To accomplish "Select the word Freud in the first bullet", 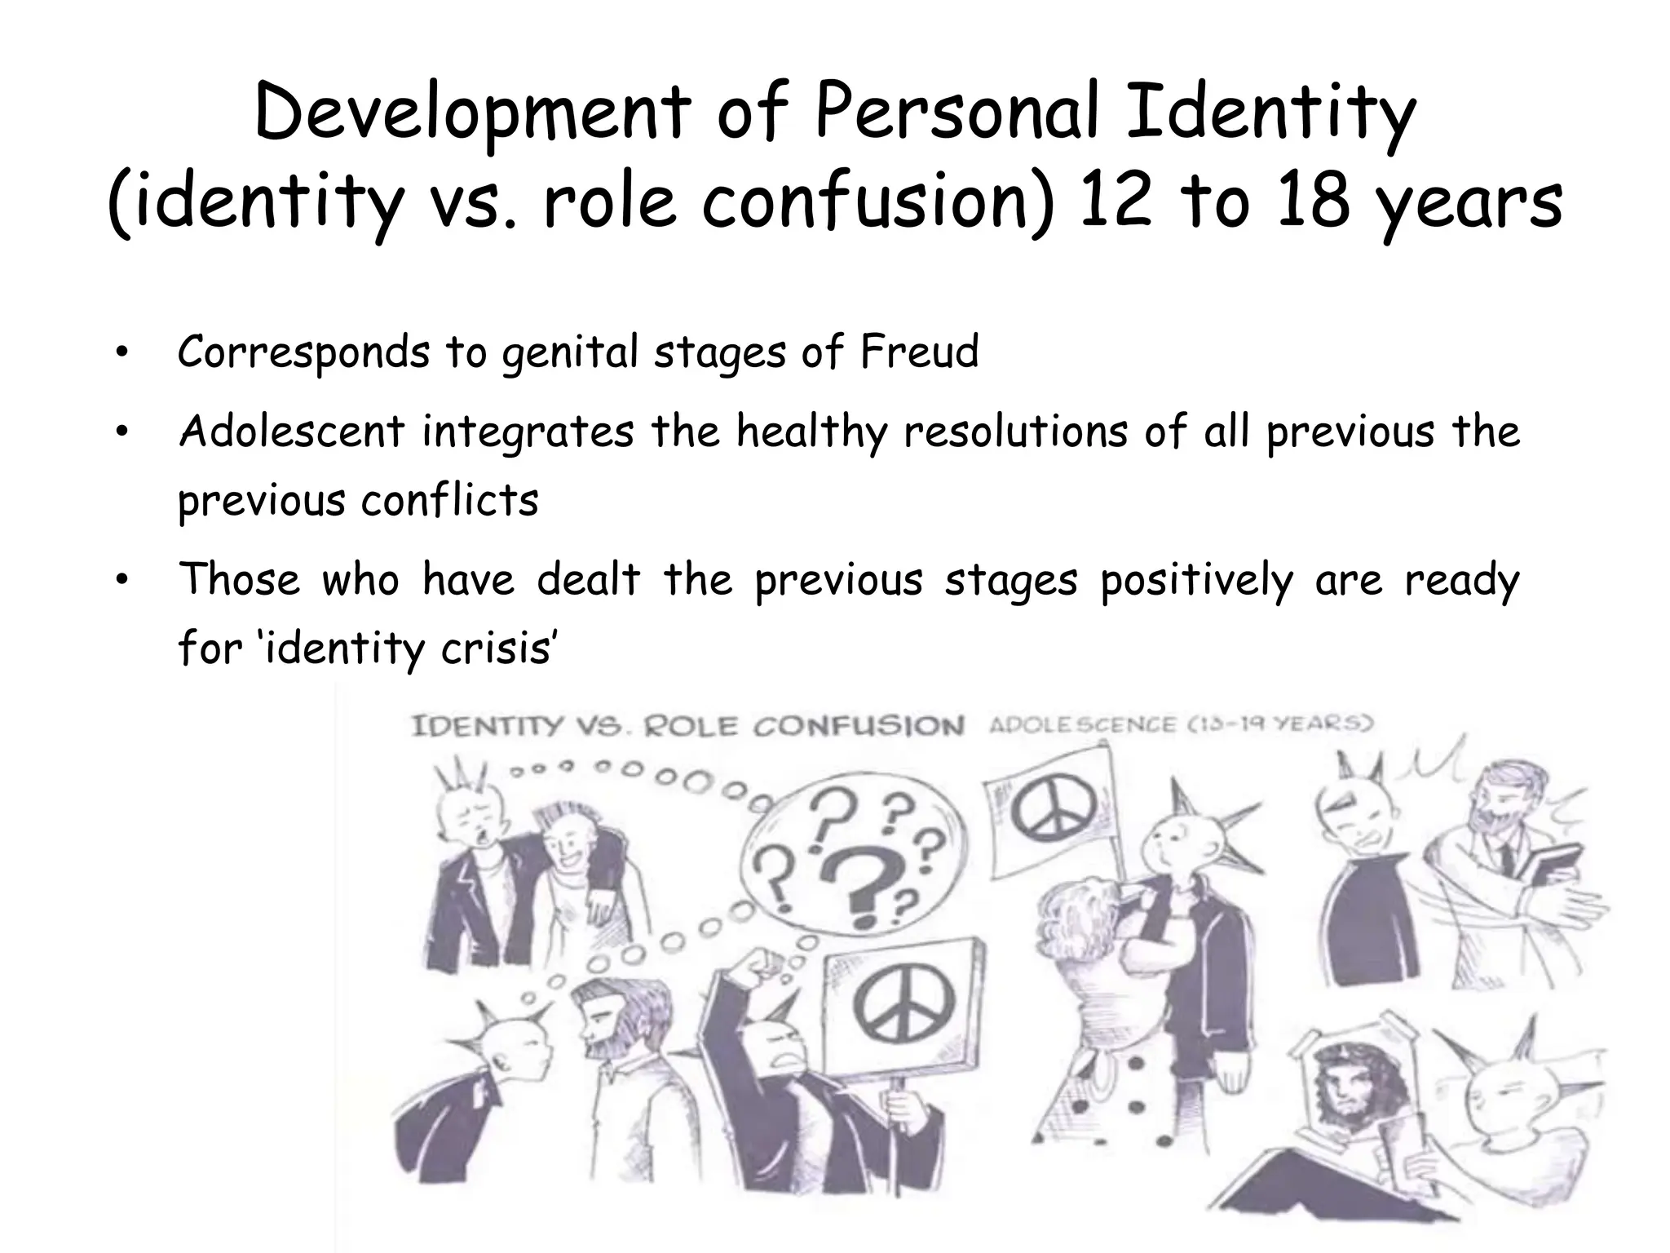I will (x=919, y=352).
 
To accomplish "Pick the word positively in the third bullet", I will (x=1196, y=580).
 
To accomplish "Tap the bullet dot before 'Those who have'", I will (x=121, y=580).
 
